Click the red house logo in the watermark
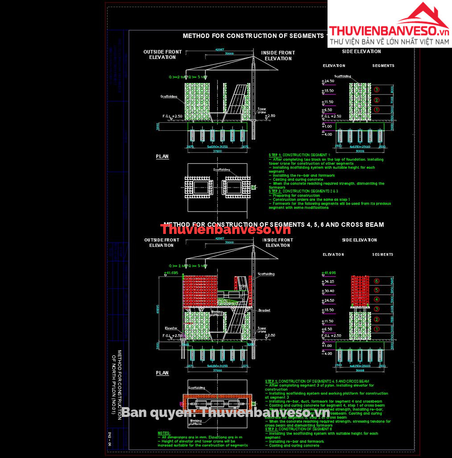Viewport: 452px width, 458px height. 423,16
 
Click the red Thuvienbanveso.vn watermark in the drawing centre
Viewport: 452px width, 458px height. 225,230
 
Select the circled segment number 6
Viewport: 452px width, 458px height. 377,281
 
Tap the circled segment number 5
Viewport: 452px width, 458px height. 377,290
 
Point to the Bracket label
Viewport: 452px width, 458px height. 264,310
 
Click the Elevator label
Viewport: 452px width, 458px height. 171,328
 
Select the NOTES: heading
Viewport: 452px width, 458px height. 164,433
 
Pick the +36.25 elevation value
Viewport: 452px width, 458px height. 328,282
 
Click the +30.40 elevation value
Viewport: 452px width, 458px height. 328,291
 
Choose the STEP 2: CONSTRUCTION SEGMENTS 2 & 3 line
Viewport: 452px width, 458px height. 294,192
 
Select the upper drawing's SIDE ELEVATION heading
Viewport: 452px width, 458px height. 361,51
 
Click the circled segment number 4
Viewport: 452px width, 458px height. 377,299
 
